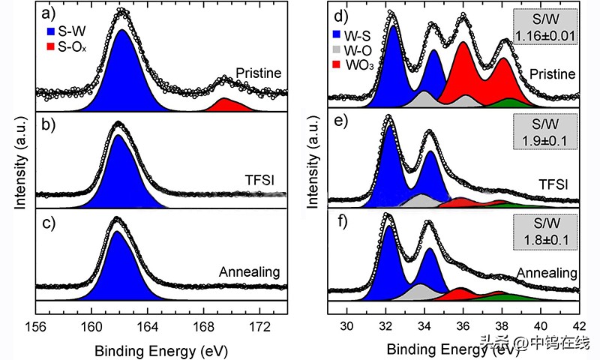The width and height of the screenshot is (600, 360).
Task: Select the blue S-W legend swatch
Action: click(50, 34)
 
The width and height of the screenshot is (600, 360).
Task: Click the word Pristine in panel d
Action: click(551, 73)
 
